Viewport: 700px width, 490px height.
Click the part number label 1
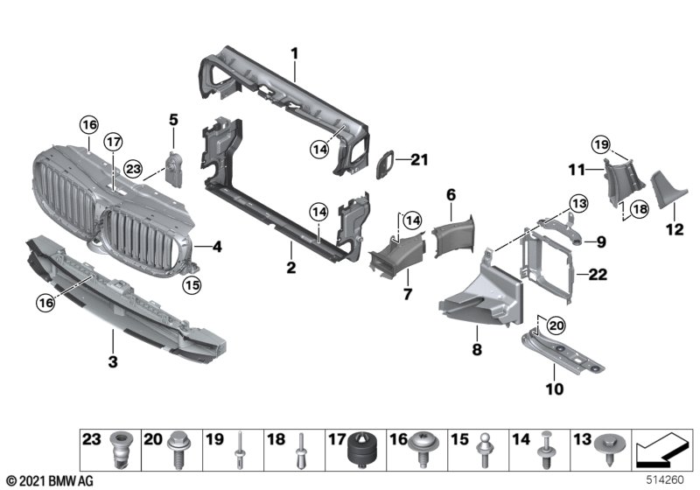coord(295,53)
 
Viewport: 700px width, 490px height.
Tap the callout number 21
coord(421,159)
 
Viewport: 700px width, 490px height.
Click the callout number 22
coord(597,275)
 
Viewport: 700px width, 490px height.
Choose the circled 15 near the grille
coord(192,283)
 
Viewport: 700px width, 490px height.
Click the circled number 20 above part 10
coord(556,325)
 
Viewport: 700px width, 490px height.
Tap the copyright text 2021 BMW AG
coord(49,480)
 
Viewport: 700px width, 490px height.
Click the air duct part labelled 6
coord(453,232)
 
